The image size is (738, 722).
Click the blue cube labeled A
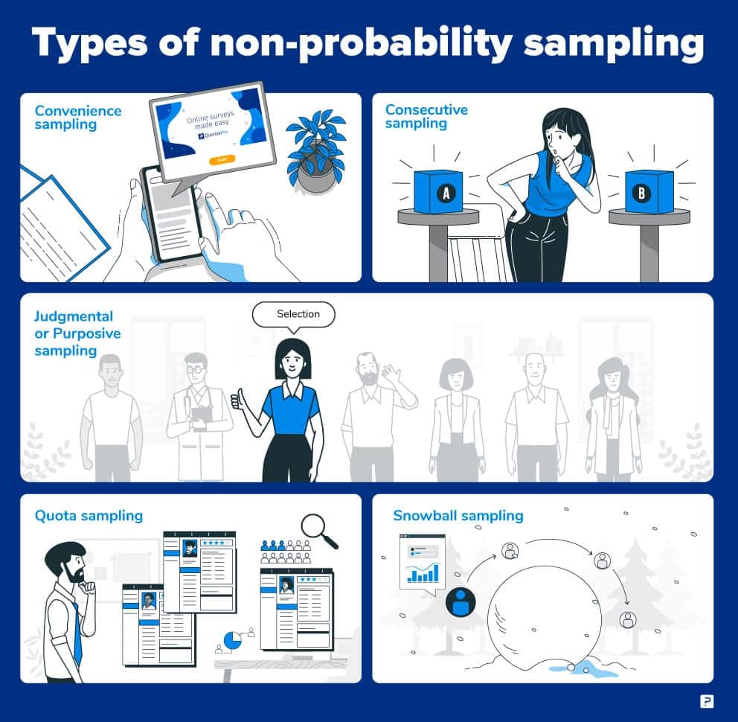(x=438, y=192)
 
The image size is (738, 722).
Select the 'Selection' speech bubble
(x=294, y=314)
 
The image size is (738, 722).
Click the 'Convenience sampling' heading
(x=77, y=118)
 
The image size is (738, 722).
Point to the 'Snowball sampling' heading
(x=458, y=515)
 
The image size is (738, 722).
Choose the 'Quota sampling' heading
(x=89, y=515)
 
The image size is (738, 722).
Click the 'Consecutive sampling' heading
(x=426, y=116)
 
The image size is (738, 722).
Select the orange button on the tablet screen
(x=222, y=160)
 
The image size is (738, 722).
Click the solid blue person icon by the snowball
(x=461, y=601)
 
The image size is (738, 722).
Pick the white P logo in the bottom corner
(x=707, y=701)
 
